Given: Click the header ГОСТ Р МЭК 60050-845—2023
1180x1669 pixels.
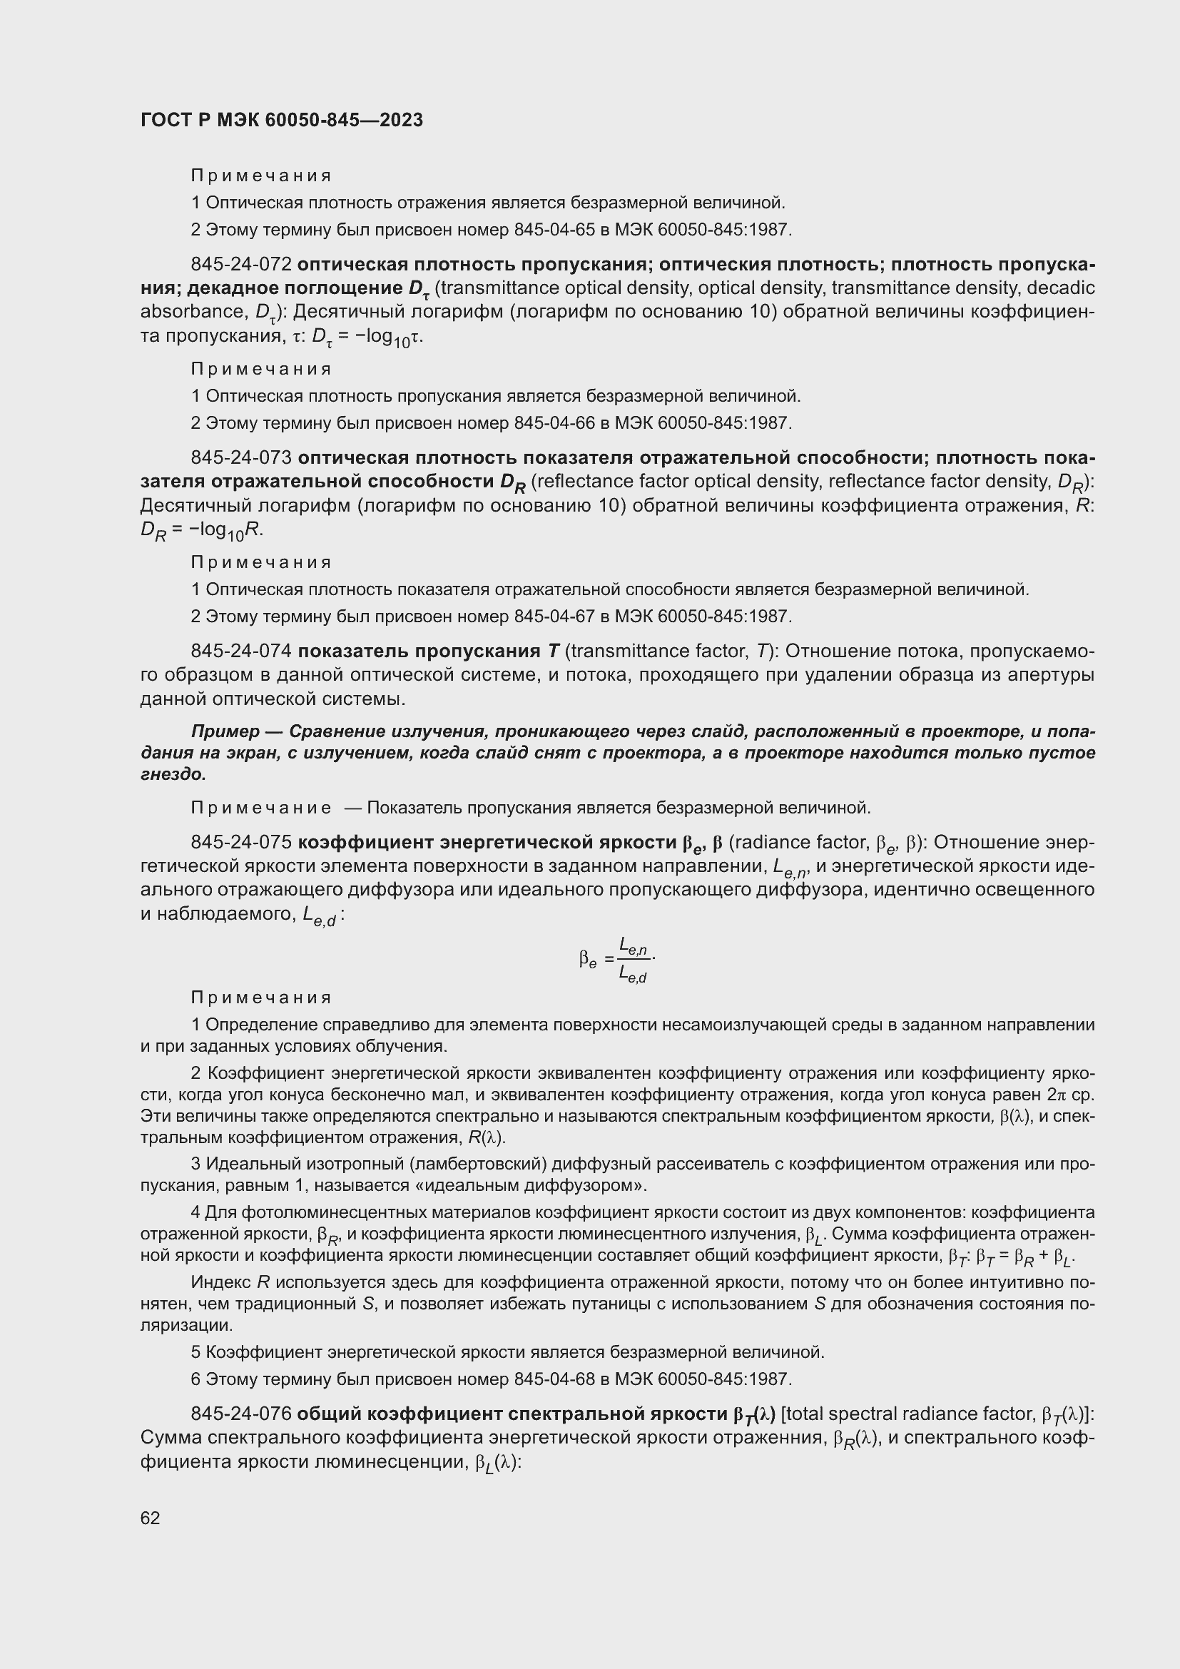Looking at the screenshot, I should pos(281,121).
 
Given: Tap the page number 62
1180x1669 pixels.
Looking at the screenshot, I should pos(151,1518).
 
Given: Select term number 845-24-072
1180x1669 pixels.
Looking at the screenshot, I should pos(241,265).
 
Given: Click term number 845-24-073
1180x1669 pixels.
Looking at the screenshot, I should pos(241,458).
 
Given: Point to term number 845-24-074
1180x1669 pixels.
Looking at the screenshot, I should pos(241,651).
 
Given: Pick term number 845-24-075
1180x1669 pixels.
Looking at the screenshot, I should pos(241,843).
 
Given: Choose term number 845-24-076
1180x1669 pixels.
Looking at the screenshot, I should pos(241,1414).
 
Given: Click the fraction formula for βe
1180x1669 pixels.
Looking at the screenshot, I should pos(619,960).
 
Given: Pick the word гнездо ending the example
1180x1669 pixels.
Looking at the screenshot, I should pos(172,775).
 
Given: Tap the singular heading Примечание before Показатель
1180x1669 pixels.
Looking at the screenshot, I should pos(262,808).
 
